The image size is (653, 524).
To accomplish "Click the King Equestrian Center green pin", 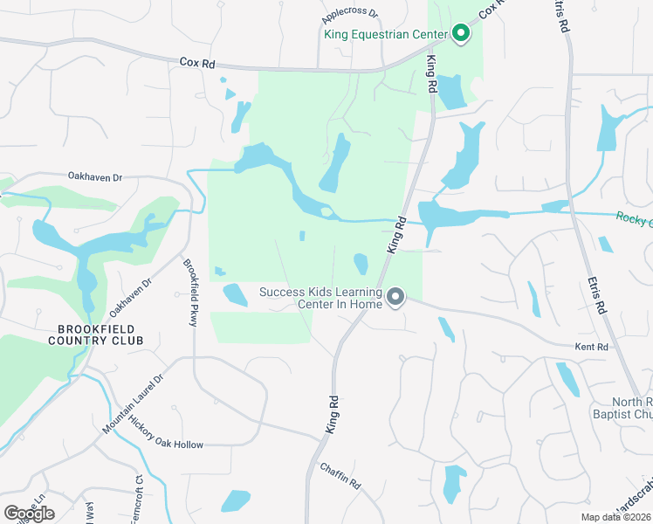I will click(461, 34).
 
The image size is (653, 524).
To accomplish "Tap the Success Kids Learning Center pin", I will click(395, 298).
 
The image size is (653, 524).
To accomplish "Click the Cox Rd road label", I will click(197, 63).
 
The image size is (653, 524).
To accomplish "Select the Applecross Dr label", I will click(349, 14).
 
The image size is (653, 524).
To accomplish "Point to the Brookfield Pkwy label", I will click(189, 293).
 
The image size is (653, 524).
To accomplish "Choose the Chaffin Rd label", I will click(340, 477).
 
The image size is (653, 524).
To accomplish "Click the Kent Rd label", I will click(591, 348).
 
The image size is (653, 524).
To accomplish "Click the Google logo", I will click(28, 514).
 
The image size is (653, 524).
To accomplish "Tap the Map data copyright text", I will click(615, 517).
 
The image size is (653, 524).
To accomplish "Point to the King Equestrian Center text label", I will click(385, 35).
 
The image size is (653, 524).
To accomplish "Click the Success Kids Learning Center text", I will click(320, 298).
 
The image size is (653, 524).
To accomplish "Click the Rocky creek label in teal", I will click(634, 219).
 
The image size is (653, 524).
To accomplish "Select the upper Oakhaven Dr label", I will click(95, 177).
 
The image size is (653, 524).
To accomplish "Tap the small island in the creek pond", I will click(326, 211).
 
